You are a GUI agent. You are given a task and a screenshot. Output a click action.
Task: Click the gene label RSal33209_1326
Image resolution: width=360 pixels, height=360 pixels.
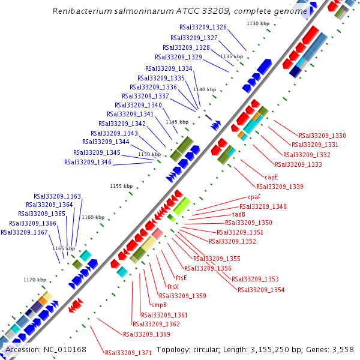pos(203,28)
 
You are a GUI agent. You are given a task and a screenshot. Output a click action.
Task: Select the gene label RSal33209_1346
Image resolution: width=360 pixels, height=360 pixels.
pos(88,162)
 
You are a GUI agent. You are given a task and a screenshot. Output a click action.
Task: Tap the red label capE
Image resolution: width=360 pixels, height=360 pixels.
pos(272,178)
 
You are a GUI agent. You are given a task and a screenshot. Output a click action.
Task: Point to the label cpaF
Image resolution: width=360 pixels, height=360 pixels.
pos(254,197)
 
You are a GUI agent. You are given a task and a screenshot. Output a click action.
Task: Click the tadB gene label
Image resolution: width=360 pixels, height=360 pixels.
pos(238,214)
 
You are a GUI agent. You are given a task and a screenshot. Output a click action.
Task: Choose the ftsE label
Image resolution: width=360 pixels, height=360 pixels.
pos(181,278)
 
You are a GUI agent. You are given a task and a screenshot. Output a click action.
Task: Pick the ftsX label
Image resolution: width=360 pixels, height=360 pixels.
pos(173,287)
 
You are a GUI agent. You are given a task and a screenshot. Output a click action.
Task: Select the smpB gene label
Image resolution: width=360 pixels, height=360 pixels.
pos(158,305)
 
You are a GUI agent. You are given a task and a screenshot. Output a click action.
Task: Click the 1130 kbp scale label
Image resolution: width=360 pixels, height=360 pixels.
pos(258,23)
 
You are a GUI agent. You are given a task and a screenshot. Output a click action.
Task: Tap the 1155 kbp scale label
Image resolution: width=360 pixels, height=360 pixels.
pos(121,186)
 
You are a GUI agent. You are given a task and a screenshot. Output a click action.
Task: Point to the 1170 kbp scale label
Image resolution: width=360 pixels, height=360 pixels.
pos(35,280)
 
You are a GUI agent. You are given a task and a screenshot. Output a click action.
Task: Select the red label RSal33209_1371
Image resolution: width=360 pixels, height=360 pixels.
pos(128,353)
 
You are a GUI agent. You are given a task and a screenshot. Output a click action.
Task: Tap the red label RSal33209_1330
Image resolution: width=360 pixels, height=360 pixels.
pos(322,136)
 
